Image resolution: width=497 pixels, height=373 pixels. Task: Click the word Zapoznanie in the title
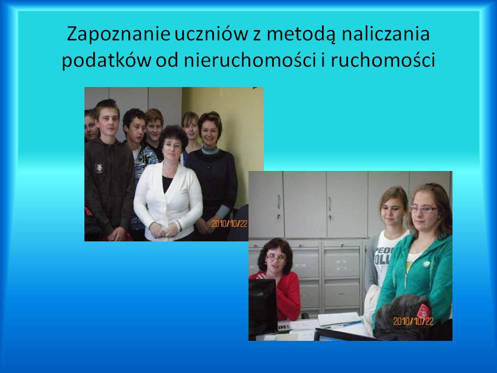point(119,34)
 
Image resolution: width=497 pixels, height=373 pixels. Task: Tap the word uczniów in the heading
point(211,34)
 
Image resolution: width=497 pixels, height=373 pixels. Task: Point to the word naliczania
point(385,34)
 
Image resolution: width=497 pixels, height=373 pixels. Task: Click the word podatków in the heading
point(106,60)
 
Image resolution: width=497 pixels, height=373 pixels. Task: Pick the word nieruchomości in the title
point(250,60)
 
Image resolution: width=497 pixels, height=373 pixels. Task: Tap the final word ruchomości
point(383,60)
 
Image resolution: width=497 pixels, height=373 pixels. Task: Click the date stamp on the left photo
point(229,224)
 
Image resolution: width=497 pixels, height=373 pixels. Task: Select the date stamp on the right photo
point(413,321)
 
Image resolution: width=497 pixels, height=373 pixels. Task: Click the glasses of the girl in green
point(423,209)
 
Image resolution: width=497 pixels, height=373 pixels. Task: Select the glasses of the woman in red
point(275,258)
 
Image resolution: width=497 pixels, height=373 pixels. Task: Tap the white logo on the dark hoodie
point(99,168)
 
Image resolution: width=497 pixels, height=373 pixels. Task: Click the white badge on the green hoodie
point(426,264)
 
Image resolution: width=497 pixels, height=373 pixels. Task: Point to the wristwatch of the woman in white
point(180,225)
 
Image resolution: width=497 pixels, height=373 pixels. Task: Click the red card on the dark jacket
point(424,310)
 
